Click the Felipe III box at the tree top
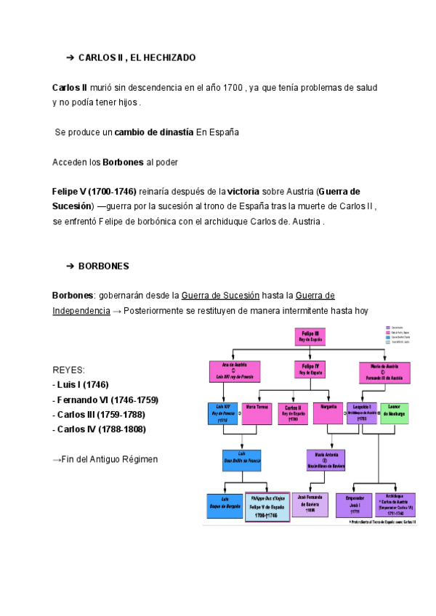coord(310,336)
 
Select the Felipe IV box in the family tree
coord(310,370)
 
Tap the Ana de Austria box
coord(230,371)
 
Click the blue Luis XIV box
coord(222,413)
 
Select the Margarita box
coord(328,413)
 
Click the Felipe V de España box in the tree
coord(267,506)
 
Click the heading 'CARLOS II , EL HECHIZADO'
coord(137,57)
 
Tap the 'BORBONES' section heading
coord(103,267)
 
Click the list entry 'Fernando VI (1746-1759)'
coord(105,400)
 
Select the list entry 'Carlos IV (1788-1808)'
coord(100,429)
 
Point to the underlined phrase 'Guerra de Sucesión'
coord(220,296)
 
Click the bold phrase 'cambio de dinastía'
coord(154,132)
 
